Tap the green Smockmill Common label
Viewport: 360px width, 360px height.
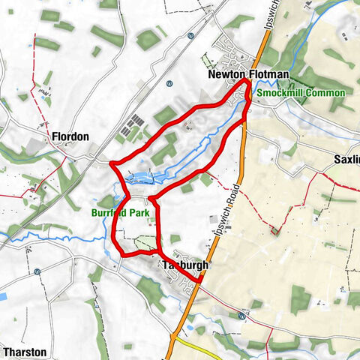[300, 92]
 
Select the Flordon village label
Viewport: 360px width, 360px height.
[70, 136]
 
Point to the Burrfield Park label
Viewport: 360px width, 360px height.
[123, 213]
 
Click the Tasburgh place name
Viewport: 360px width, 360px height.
[184, 265]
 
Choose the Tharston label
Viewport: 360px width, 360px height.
[25, 351]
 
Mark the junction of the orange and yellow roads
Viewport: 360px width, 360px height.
[174, 339]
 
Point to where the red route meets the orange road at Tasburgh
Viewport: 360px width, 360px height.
[201, 281]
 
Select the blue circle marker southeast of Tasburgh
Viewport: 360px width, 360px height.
[241, 316]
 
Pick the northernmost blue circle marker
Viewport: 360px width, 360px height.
[191, 35]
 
